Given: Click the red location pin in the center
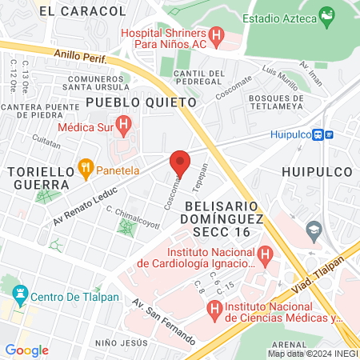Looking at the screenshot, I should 180,162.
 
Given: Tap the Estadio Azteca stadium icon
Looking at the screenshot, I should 326,15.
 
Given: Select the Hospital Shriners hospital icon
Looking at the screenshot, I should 214,37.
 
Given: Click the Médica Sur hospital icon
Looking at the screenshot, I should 123,125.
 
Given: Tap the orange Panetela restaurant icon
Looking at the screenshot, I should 86,169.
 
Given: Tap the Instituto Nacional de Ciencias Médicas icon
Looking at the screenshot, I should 213,308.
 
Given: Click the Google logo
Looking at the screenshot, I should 26,350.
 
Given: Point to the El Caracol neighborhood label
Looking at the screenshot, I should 82,11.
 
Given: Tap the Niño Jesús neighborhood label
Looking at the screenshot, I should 122,342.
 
